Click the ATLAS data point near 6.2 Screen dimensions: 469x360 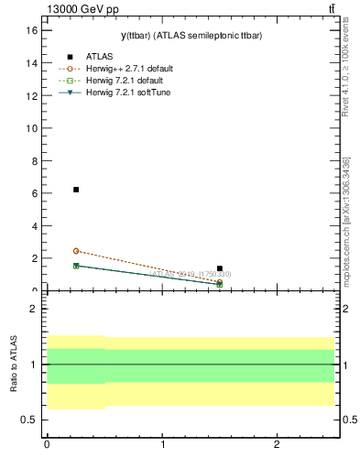pos(76,190)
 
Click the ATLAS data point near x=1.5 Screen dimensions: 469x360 pos(220,268)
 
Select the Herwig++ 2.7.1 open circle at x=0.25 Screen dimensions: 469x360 pos(76,251)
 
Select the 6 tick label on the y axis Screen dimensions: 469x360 pos(34,193)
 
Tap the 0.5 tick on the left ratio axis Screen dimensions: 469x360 pos(28,420)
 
